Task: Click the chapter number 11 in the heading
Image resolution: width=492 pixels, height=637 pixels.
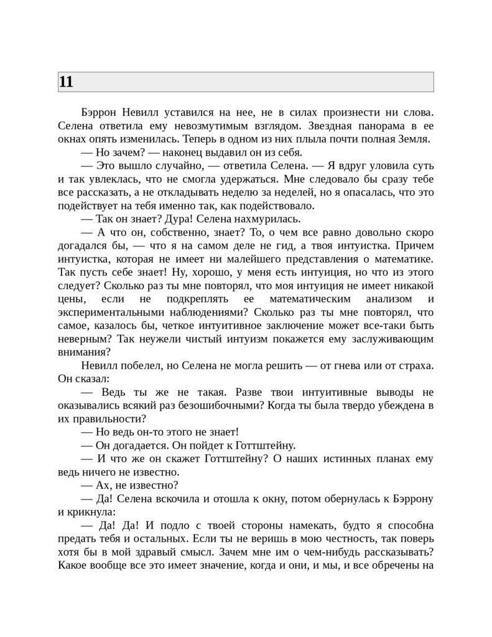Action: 67,81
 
